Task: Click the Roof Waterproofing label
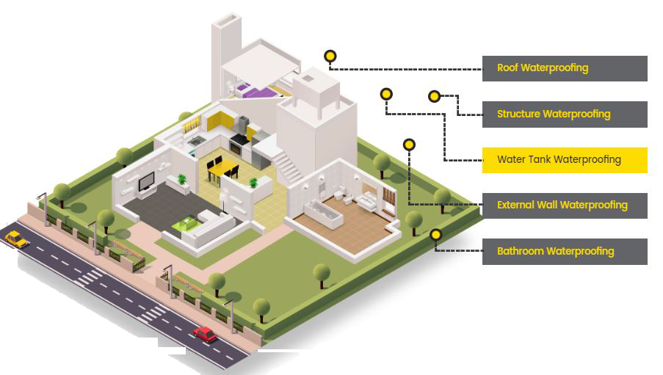(564, 68)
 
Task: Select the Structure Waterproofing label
(564, 114)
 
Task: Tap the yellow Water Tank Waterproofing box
(564, 159)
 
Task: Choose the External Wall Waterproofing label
(564, 205)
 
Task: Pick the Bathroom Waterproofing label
(564, 251)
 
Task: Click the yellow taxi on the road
(15, 238)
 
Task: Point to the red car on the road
(205, 335)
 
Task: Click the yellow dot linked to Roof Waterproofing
(330, 56)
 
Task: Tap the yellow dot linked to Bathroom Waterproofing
(436, 235)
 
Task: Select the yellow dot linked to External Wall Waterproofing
(409, 145)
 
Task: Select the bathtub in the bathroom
(322, 214)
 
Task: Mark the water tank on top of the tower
(318, 85)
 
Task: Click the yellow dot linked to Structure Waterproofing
(434, 96)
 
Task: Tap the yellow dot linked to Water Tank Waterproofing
(386, 94)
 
